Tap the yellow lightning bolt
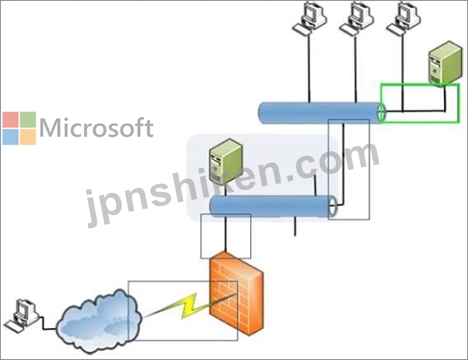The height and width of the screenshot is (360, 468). point(189,306)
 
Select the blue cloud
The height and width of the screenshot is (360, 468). point(99,321)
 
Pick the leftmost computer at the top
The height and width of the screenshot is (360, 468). point(309,18)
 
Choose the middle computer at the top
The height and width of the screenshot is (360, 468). point(356,18)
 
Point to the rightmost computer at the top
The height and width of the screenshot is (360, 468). point(403,18)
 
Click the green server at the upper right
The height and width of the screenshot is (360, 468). point(446,63)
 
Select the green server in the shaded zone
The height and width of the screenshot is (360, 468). point(226,161)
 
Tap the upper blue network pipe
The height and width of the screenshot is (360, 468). point(322,113)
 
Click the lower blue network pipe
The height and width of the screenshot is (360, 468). point(274,206)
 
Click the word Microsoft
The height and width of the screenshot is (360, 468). point(97,128)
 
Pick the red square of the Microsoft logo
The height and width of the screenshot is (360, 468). point(10,119)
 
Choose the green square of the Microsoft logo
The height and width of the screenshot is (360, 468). point(28,119)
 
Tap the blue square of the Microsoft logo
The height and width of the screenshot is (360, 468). point(10,137)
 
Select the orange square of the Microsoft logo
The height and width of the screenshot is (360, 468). point(28,137)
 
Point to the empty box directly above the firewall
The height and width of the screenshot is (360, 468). point(201,236)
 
